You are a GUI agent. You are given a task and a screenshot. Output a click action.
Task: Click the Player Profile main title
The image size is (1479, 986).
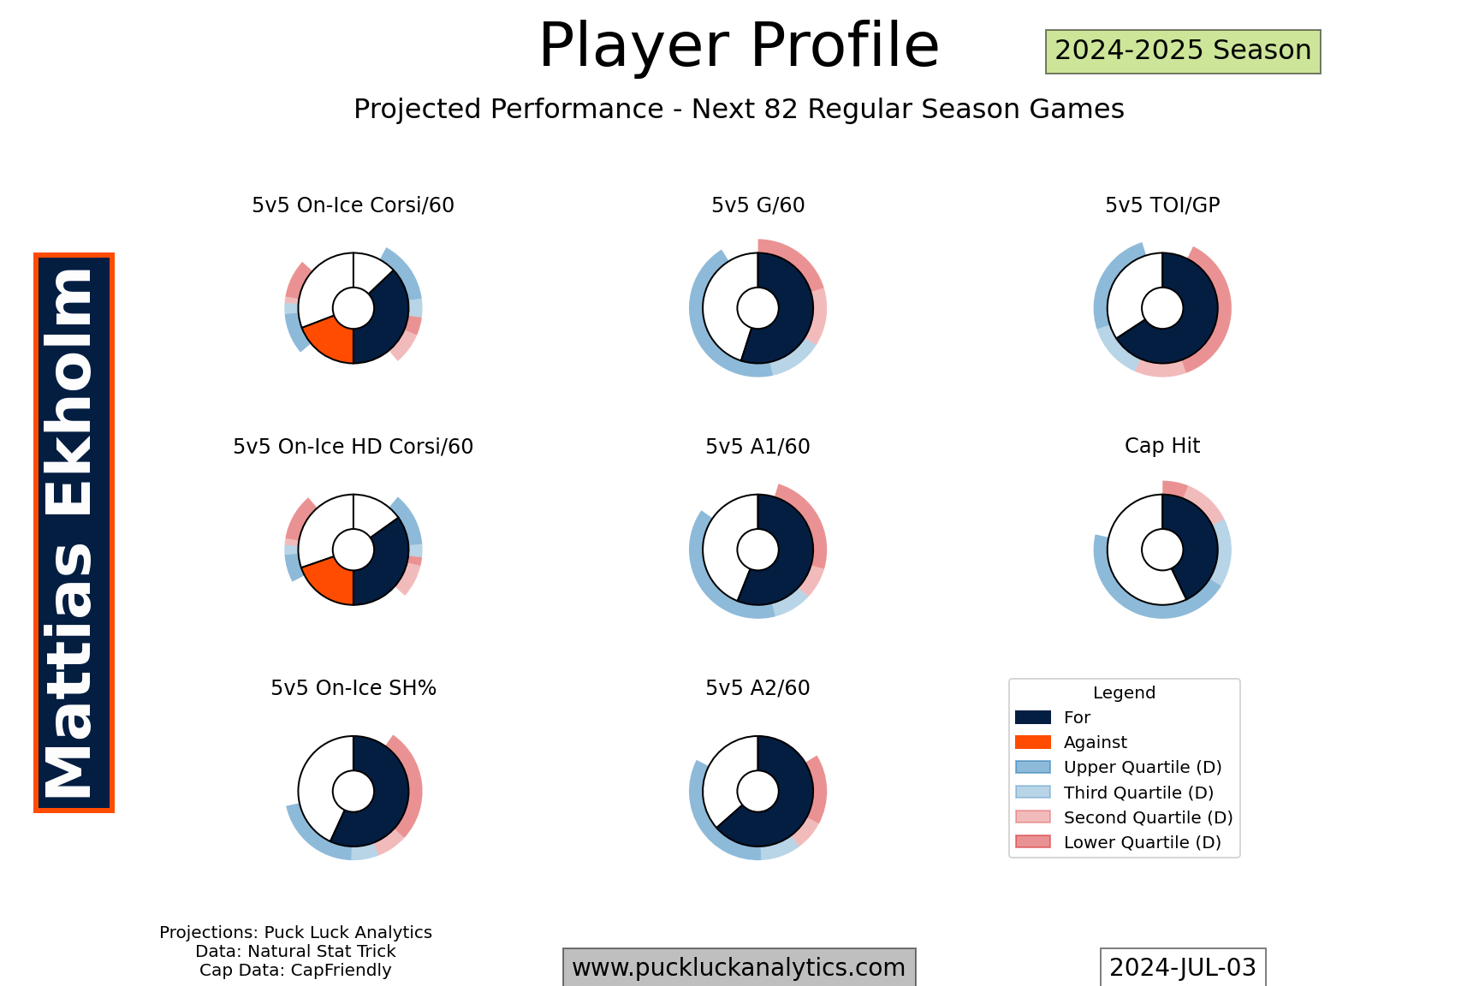coord(739,45)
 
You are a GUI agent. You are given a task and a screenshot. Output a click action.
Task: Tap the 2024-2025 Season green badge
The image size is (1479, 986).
coord(1183,51)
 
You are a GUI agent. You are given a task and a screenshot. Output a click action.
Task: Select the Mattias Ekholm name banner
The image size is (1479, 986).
coord(74,532)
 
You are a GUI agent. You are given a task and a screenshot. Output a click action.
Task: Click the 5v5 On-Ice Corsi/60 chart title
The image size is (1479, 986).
coord(353,205)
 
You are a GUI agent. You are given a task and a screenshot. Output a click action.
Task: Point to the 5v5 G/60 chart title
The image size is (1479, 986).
coord(757,205)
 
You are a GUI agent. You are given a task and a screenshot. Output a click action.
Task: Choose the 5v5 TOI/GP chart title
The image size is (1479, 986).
coord(1162,205)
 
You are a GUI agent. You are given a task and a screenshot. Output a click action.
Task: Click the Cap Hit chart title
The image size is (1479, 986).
coord(1162,446)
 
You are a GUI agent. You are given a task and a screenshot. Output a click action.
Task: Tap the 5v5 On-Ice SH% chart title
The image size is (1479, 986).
coord(353,688)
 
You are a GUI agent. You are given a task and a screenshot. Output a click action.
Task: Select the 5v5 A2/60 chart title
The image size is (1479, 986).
coord(757,688)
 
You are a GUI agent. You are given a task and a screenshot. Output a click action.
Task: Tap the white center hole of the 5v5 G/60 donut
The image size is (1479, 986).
coord(757,308)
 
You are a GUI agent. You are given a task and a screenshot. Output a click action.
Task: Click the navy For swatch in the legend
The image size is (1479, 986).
coord(1032,717)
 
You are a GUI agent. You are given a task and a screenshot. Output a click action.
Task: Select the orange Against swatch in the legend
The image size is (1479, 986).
coord(1032,742)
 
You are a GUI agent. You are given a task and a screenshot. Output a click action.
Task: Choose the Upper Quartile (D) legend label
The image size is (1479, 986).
coord(1143,768)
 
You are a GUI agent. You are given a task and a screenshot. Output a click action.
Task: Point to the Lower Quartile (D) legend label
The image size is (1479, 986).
coord(1143,843)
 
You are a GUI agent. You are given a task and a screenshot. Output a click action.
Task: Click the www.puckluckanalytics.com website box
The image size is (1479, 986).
coord(739,967)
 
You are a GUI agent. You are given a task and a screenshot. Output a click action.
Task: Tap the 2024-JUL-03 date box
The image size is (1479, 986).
coord(1183,967)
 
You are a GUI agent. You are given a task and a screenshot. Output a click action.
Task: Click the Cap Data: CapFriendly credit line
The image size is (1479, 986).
coord(295,971)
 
